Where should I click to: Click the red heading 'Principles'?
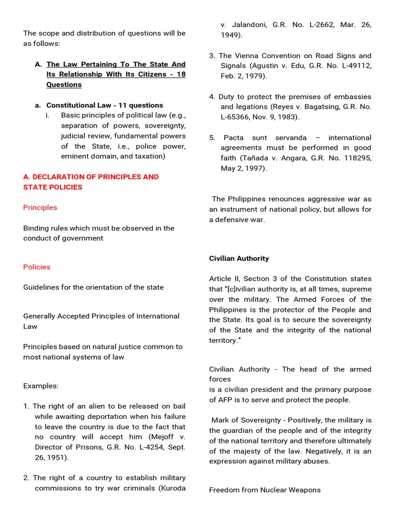[x=40, y=207]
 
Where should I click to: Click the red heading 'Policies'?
[x=37, y=267]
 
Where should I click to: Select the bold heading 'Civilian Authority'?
[x=239, y=258]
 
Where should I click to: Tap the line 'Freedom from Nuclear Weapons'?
[x=264, y=490]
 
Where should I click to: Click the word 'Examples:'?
[x=41, y=385]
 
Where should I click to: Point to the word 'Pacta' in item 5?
[x=234, y=137]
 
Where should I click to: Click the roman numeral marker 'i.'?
[x=47, y=115]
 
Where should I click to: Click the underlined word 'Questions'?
[x=64, y=84]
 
